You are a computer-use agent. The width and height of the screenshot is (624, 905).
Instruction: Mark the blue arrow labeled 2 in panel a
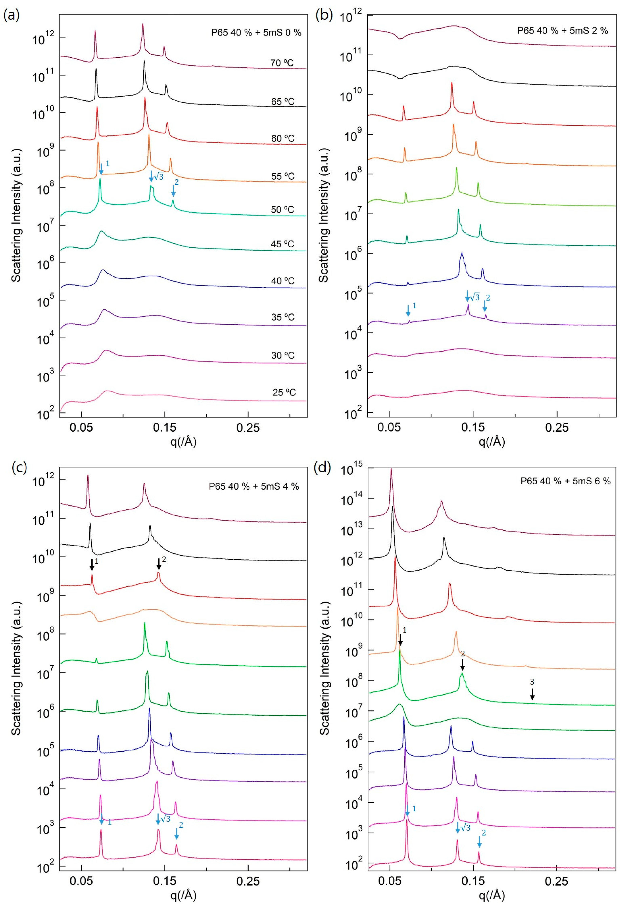(x=173, y=191)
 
